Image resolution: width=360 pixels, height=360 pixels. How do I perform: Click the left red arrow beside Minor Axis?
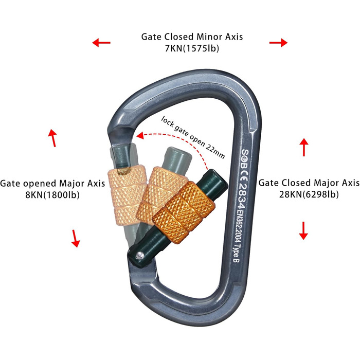101,43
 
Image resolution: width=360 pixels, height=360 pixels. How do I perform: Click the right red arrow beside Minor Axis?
278,43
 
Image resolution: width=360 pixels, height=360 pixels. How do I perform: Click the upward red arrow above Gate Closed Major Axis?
304,147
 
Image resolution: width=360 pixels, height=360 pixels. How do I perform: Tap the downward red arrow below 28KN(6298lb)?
303,230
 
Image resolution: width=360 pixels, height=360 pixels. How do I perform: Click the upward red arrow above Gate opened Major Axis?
52,138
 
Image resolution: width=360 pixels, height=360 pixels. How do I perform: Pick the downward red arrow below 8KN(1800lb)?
76,238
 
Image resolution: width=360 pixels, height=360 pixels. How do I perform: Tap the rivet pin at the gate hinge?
140,254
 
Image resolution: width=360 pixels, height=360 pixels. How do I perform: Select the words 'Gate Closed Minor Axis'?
192,37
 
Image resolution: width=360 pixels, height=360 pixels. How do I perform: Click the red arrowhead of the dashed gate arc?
139,136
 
